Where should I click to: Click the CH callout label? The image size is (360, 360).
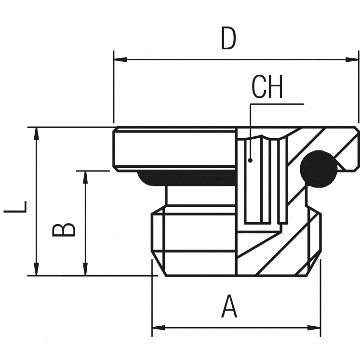click(x=267, y=87)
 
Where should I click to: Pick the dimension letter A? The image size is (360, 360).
click(x=229, y=307)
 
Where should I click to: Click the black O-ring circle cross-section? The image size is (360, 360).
click(x=318, y=168)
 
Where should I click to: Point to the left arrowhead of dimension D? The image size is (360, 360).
click(x=119, y=59)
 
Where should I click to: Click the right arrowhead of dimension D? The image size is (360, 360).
click(x=354, y=59)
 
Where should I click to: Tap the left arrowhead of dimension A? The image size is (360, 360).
click(x=157, y=328)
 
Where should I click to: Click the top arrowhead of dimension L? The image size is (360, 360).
click(x=36, y=133)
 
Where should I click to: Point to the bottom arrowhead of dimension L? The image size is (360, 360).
click(x=36, y=270)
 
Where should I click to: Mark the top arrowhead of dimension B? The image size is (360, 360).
click(x=86, y=176)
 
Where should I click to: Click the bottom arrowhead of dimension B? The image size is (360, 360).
click(x=86, y=270)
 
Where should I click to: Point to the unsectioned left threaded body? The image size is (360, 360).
click(x=193, y=236)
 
